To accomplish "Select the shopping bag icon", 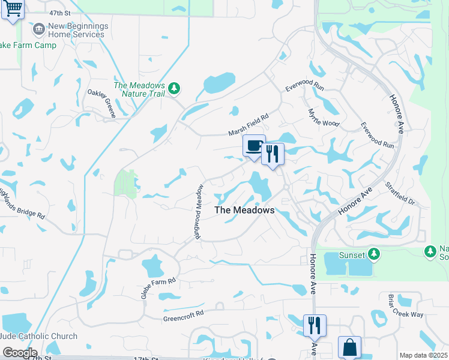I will click(x=349, y=347).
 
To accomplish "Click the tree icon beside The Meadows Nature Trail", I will click(x=174, y=89).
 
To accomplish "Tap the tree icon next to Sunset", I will click(x=374, y=254).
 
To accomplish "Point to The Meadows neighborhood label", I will click(x=244, y=210).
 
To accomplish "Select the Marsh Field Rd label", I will click(x=247, y=125).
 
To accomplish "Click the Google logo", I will click(x=19, y=353).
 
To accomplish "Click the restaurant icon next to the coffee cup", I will click(x=273, y=154).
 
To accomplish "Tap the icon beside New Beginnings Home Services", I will click(x=39, y=29).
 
